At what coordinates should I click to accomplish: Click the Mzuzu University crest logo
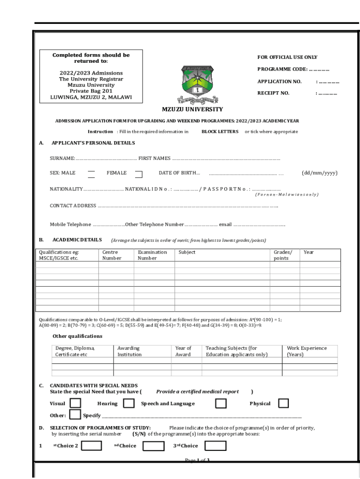pyautogui.click(x=197, y=84)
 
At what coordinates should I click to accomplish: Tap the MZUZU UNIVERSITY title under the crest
pyautogui.click(x=192, y=109)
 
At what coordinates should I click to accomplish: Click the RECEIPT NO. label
pyautogui.click(x=273, y=93)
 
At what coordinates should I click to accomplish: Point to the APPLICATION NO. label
pyautogui.click(x=279, y=81)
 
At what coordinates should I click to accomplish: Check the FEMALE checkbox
pyautogui.click(x=138, y=174)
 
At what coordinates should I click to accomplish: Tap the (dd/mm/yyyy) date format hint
pyautogui.click(x=319, y=173)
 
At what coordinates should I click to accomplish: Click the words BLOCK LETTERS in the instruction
pyautogui.click(x=220, y=131)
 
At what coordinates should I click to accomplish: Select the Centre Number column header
pyautogui.click(x=112, y=255)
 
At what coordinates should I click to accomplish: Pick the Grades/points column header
pyautogui.click(x=282, y=255)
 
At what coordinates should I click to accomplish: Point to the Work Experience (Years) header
pyautogui.click(x=307, y=351)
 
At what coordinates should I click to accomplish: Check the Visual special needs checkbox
pyautogui.click(x=75, y=403)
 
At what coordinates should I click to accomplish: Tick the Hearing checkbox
pyautogui.click(x=127, y=403)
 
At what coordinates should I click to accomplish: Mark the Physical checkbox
pyautogui.click(x=283, y=403)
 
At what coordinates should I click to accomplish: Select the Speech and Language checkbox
pyautogui.click(x=221, y=403)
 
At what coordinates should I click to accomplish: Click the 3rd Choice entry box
pyautogui.click(x=216, y=445)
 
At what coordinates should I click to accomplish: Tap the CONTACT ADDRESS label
pyautogui.click(x=73, y=205)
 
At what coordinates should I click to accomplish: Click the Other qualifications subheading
pyautogui.click(x=77, y=336)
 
